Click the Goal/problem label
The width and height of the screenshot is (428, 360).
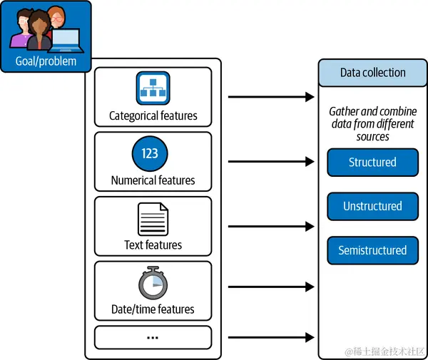[x=45, y=61]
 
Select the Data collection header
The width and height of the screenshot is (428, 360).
[x=372, y=73]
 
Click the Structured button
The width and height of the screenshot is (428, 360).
[x=372, y=162]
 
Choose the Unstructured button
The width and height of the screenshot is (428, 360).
[x=372, y=206]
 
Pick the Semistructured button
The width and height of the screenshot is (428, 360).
[x=372, y=250]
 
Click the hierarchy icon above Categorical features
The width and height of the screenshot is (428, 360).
[x=153, y=88]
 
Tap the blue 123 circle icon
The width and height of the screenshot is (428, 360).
[x=150, y=154]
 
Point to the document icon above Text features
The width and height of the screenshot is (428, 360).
[x=153, y=219]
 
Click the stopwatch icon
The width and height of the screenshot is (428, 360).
[x=153, y=283]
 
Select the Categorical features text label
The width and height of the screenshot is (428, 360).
[x=153, y=115]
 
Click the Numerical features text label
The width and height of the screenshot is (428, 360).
[x=153, y=180]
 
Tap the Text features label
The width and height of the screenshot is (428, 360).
[x=153, y=245]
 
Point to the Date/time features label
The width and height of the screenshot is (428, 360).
[x=153, y=309]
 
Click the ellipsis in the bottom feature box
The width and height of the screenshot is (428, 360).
[x=153, y=336]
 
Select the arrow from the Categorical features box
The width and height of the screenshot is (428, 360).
[x=270, y=96]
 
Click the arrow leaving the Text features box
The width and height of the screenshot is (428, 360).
[x=270, y=226]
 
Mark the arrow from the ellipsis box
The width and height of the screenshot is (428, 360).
[x=270, y=336]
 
